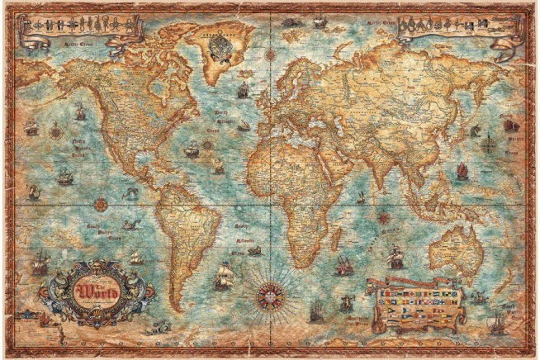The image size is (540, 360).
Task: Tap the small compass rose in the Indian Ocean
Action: point(383,217)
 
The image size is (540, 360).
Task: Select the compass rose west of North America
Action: point(55,130)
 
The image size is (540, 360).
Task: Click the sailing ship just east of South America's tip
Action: point(223,275)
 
